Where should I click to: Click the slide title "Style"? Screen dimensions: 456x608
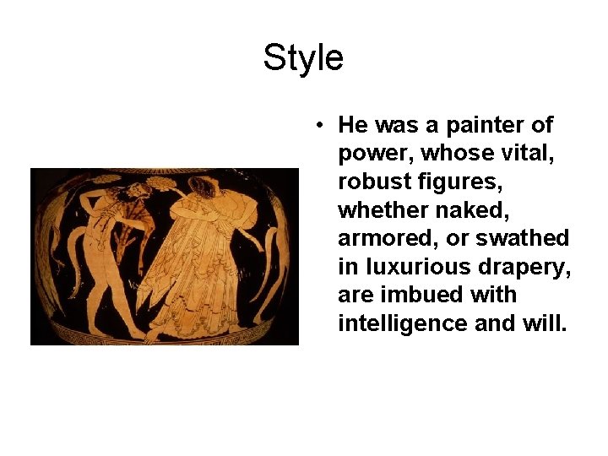(303, 58)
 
